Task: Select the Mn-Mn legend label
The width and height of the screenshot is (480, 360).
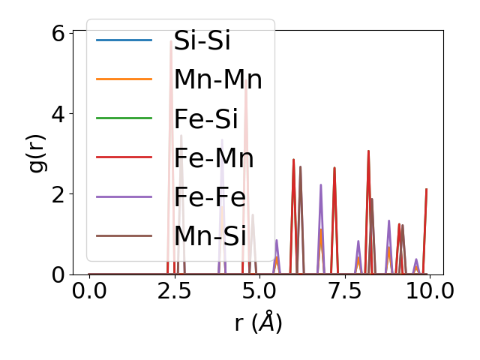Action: (x=217, y=79)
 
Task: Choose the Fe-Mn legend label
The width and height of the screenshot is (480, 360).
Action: (x=214, y=157)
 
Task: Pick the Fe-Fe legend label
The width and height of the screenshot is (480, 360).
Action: (x=209, y=196)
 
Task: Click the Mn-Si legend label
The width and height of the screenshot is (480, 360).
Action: (x=210, y=235)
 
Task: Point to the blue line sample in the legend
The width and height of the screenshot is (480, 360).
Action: (x=124, y=40)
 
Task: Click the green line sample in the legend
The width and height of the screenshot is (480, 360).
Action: (x=124, y=118)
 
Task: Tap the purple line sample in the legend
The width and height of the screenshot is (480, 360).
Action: (x=124, y=196)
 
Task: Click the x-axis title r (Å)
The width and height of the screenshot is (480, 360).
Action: (x=258, y=322)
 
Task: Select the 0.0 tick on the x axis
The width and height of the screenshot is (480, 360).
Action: (x=89, y=290)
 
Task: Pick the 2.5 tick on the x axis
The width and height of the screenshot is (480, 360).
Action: (x=175, y=290)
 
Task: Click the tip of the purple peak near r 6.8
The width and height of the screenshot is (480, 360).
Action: (x=321, y=184)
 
